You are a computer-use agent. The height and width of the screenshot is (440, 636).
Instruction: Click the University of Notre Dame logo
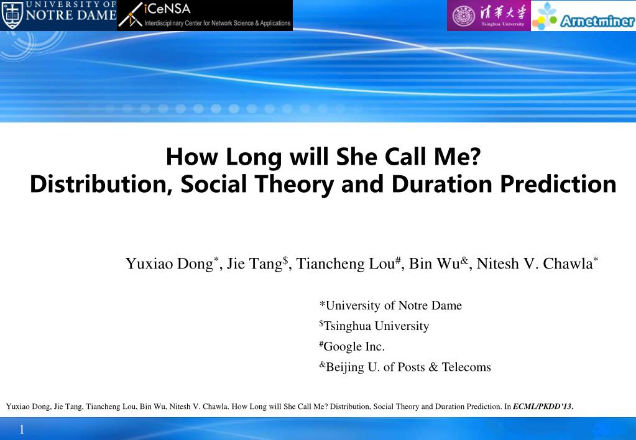[58, 15]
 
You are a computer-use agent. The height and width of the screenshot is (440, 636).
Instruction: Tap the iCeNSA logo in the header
[205, 16]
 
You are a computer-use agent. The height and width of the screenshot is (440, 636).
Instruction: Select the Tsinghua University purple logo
[489, 16]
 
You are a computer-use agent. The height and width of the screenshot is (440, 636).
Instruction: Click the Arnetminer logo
[583, 16]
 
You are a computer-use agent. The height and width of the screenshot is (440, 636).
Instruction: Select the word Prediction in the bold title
[558, 184]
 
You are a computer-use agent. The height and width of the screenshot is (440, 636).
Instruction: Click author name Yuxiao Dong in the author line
[169, 264]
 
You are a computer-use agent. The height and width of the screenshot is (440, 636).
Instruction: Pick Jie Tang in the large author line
[254, 264]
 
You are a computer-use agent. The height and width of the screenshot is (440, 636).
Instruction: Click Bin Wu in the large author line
[435, 264]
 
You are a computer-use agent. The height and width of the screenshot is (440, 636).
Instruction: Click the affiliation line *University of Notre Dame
[390, 305]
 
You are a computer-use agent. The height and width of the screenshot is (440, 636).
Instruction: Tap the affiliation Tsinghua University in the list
[374, 326]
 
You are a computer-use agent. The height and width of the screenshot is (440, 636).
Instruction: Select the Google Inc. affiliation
[352, 346]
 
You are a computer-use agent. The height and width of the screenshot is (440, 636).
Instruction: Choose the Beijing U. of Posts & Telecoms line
[405, 367]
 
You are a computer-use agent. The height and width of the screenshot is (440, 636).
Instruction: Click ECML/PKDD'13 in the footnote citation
[543, 406]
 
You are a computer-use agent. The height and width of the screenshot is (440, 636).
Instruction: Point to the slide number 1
[22, 429]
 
